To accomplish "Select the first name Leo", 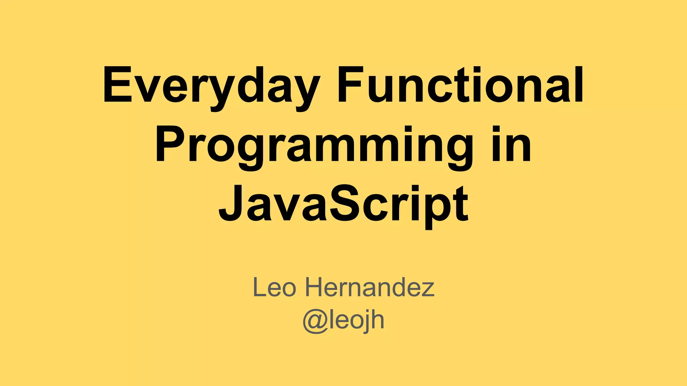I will [x=274, y=287].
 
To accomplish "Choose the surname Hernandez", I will [x=369, y=287].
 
